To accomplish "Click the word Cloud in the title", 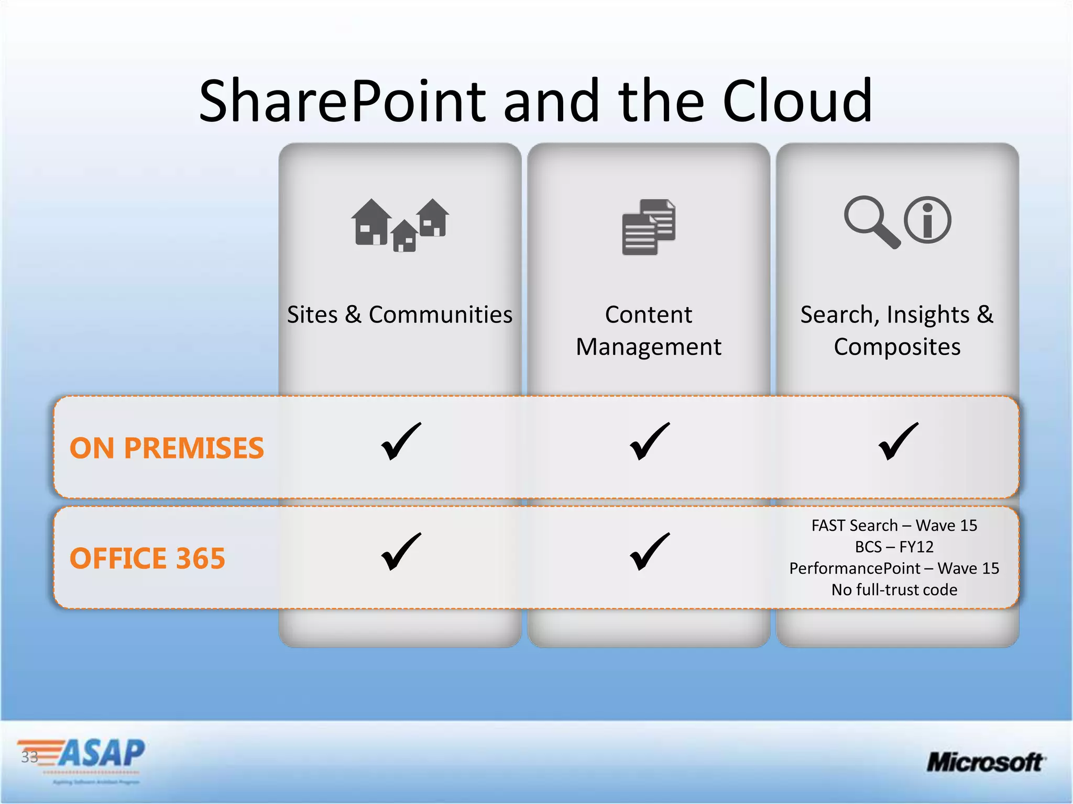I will click(797, 101).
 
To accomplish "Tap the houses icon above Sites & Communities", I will click(400, 225).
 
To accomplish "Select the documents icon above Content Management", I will click(649, 227).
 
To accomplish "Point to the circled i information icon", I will click(927, 220).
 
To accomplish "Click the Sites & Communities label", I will click(400, 315).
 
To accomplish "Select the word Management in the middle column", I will click(649, 347).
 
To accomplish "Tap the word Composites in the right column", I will click(897, 347).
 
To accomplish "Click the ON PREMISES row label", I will click(167, 448).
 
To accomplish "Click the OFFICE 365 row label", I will click(147, 558).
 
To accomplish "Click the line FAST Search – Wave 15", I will click(894, 526).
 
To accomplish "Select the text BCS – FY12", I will click(894, 547).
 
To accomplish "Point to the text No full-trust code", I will click(894, 590).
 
